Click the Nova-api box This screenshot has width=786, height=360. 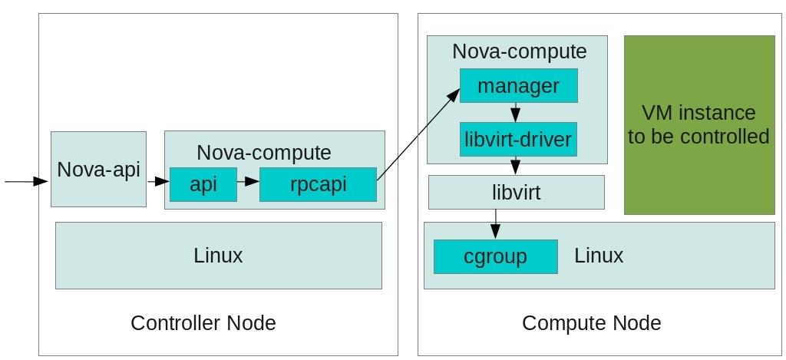(98, 169)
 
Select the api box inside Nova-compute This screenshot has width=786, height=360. (203, 184)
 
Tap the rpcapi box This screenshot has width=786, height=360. (318, 184)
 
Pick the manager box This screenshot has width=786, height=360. (518, 85)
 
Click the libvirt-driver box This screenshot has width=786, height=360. (518, 139)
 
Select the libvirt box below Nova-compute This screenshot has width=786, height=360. (516, 192)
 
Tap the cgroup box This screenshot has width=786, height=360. (495, 256)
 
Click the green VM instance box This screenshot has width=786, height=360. (698, 124)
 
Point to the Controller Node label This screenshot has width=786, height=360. (203, 322)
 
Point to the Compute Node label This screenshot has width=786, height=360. (591, 322)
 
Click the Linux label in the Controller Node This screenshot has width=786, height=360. (218, 255)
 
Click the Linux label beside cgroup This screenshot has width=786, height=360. (599, 255)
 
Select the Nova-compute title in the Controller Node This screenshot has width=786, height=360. (263, 152)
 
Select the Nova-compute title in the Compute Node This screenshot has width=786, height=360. (519, 51)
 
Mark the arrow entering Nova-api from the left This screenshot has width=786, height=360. (26, 181)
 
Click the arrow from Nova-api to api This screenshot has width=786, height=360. (157, 181)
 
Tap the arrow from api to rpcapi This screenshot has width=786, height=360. (248, 181)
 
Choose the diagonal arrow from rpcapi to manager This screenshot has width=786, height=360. (418, 134)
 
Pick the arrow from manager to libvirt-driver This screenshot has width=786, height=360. (517, 112)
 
